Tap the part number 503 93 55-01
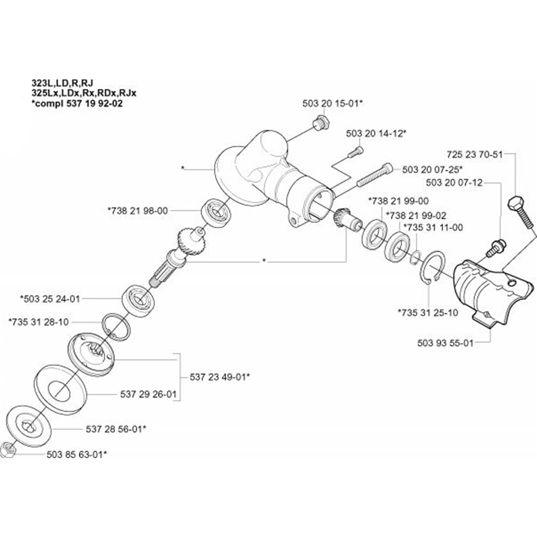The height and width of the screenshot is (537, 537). tap(445, 342)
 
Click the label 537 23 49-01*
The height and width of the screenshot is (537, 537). tap(220, 377)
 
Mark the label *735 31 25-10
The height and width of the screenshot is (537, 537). tap(428, 312)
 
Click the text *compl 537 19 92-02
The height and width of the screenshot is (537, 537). tap(77, 104)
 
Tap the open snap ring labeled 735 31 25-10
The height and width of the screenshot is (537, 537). tap(430, 266)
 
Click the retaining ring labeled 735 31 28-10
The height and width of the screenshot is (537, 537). tap(115, 325)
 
